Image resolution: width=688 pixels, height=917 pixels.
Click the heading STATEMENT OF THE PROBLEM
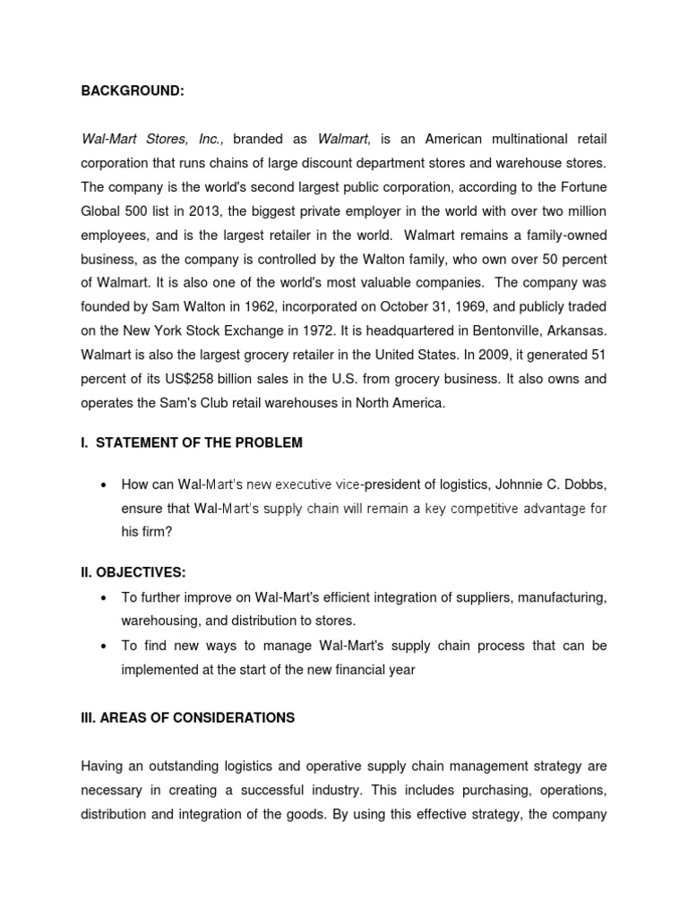pyautogui.click(x=199, y=442)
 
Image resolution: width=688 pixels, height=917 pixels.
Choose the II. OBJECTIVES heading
pyautogui.click(x=133, y=572)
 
